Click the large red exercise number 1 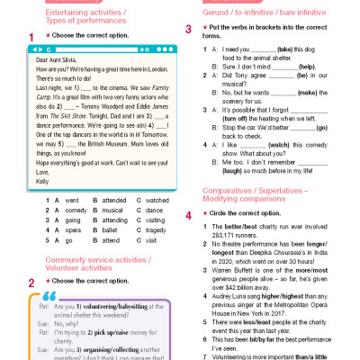click(31, 37)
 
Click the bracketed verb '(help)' click(308, 67)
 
